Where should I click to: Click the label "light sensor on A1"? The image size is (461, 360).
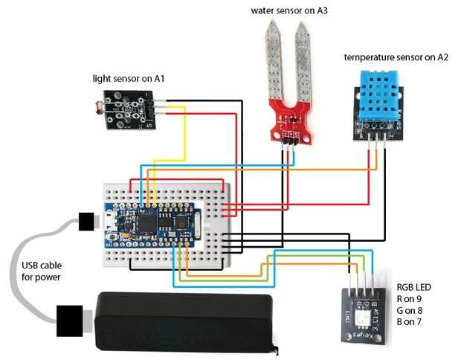[x=129, y=77]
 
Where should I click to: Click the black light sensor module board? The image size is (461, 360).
[x=131, y=109]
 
